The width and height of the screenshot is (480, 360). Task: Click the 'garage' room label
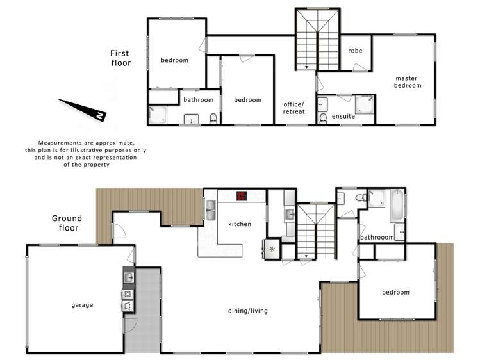click(82, 305)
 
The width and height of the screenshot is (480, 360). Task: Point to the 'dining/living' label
click(247, 311)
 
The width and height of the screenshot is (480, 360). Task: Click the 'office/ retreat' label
click(294, 108)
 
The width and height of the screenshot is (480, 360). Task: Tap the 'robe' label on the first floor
click(356, 51)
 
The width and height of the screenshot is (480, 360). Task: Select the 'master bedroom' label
click(408, 82)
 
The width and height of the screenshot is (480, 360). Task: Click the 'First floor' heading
click(120, 59)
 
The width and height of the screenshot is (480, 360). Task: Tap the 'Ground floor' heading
click(67, 223)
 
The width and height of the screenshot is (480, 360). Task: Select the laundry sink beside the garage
click(128, 278)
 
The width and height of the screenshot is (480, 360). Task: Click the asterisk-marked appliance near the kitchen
click(271, 249)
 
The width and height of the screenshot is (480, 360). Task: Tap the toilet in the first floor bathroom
click(213, 118)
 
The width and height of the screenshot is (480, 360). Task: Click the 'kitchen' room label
click(240, 224)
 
